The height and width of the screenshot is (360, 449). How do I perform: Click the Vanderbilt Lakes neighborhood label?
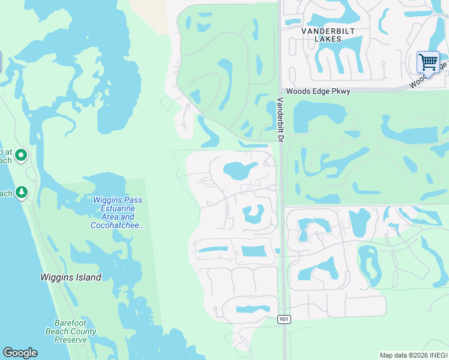tap(321, 35)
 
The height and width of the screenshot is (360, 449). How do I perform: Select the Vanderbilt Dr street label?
tap(280, 120)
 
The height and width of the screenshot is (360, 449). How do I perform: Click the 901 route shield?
tap(285, 319)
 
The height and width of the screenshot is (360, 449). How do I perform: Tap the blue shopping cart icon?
tap(428, 62)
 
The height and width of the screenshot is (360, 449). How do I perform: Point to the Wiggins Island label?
tap(70, 277)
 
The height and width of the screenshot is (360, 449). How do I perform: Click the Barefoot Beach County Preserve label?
tap(70, 331)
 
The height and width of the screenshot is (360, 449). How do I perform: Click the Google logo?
tap(20, 353)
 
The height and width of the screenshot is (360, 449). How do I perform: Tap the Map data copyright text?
tap(414, 355)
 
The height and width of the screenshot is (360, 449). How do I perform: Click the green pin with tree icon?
tap(22, 192)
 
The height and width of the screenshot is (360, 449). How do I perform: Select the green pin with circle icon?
tap(21, 156)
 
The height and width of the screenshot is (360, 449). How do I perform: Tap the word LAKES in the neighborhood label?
tap(328, 39)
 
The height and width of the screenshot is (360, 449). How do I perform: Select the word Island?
tap(87, 277)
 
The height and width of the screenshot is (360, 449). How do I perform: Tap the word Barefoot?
tap(70, 323)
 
